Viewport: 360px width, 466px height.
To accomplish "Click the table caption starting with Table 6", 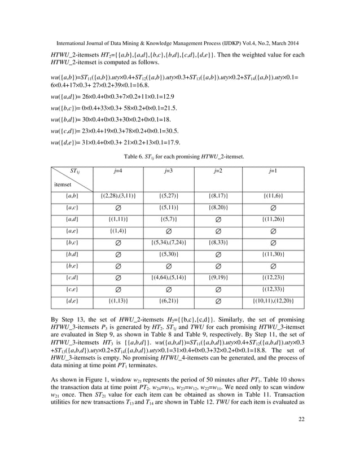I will (x=180, y=155).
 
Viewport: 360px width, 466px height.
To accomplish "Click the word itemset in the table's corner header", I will (x=63, y=184).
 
